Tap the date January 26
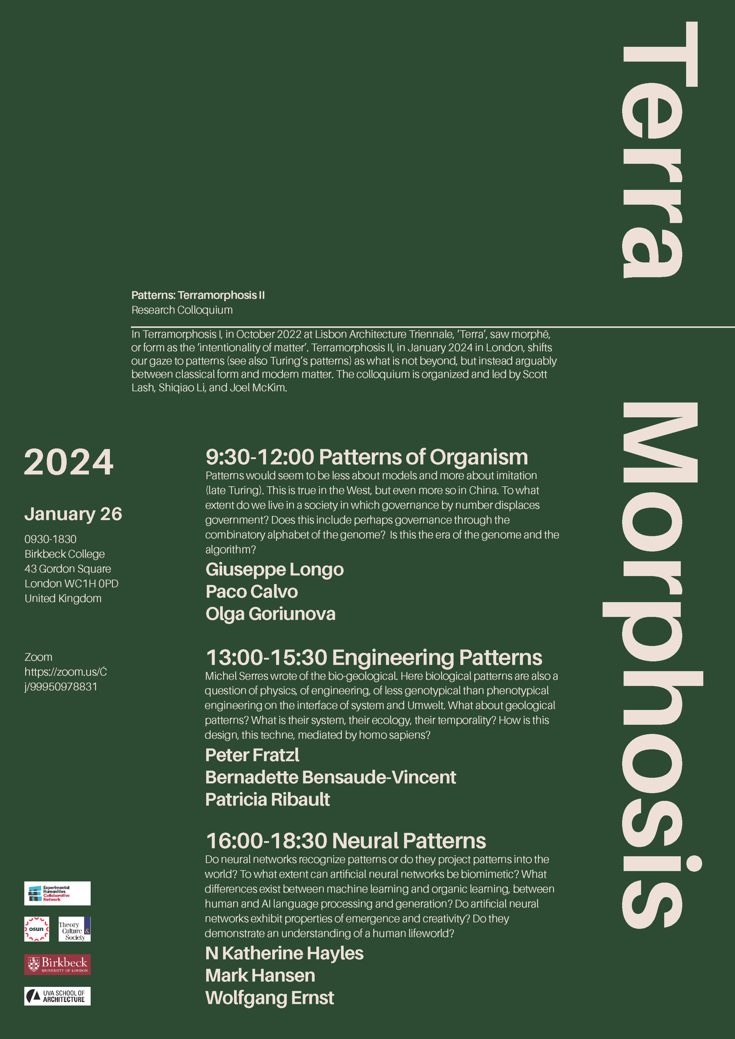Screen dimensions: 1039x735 (x=73, y=514)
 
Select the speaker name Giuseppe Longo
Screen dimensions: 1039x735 (x=274, y=569)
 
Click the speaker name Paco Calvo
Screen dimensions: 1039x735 (x=252, y=591)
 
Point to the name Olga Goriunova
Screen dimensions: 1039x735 (x=270, y=614)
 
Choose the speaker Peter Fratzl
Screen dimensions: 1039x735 (x=252, y=755)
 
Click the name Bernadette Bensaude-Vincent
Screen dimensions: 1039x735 (x=330, y=777)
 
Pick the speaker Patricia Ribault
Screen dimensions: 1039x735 (x=268, y=799)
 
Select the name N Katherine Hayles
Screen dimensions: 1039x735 (x=284, y=953)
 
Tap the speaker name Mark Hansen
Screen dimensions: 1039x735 (x=260, y=975)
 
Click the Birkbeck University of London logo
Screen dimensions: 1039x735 (x=58, y=964)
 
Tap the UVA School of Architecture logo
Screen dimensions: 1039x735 (x=58, y=996)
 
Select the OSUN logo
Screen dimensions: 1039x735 (x=37, y=929)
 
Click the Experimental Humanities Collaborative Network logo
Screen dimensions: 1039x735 (x=58, y=893)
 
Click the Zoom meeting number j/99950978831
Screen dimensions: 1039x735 (x=61, y=687)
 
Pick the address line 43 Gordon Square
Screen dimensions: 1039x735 (x=68, y=569)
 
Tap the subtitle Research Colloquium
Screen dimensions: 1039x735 (x=182, y=310)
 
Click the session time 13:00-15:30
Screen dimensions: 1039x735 (x=267, y=657)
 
